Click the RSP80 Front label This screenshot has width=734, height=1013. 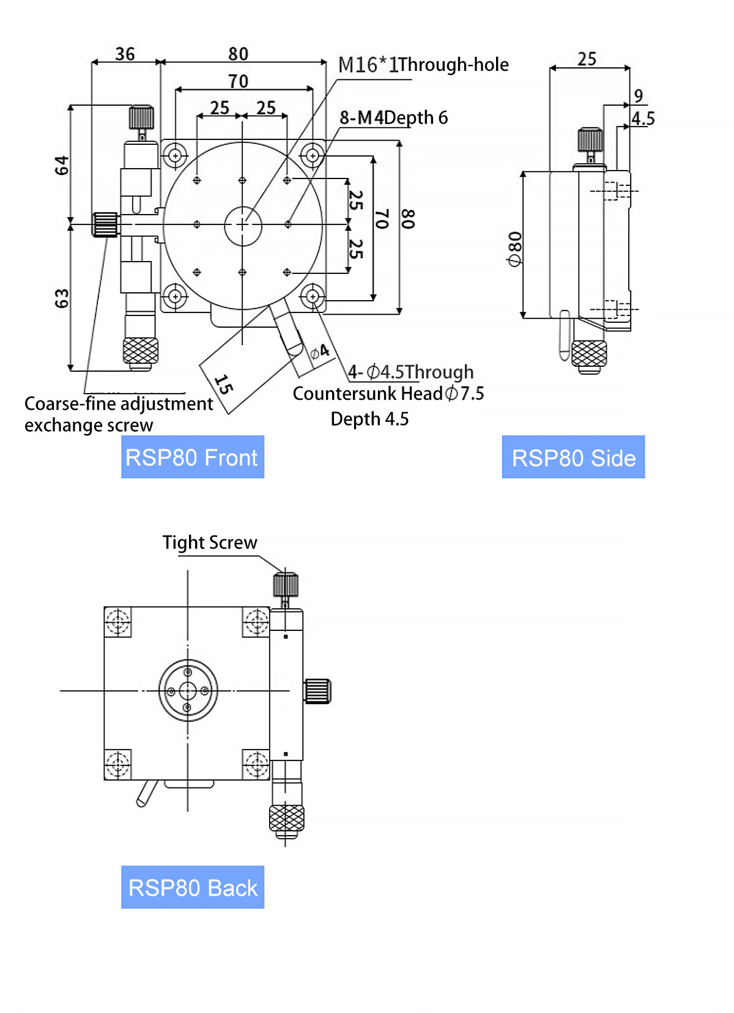click(x=192, y=457)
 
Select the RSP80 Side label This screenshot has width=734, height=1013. click(x=573, y=457)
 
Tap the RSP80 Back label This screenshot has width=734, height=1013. click(x=192, y=888)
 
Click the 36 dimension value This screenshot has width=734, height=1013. click(x=125, y=54)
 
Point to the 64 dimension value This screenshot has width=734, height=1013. click(x=62, y=165)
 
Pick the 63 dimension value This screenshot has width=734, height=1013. click(x=62, y=298)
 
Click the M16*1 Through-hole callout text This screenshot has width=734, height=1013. click(x=423, y=65)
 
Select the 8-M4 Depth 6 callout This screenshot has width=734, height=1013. click(x=393, y=117)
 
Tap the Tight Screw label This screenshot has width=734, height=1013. click(x=210, y=542)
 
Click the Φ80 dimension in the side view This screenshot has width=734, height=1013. click(x=515, y=249)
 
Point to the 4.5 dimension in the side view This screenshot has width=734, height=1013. click(x=643, y=119)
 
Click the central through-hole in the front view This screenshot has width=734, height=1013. click(x=243, y=226)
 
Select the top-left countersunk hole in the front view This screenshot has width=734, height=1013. click(x=176, y=155)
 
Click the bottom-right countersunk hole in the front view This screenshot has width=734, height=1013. click(x=313, y=297)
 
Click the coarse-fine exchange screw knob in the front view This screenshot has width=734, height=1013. click(x=105, y=224)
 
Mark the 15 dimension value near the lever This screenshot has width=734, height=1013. click(x=224, y=384)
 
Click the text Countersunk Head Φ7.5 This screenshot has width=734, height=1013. click(x=388, y=394)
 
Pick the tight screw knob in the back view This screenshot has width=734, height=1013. click(x=286, y=584)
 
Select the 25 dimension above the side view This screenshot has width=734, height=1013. click(x=587, y=59)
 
